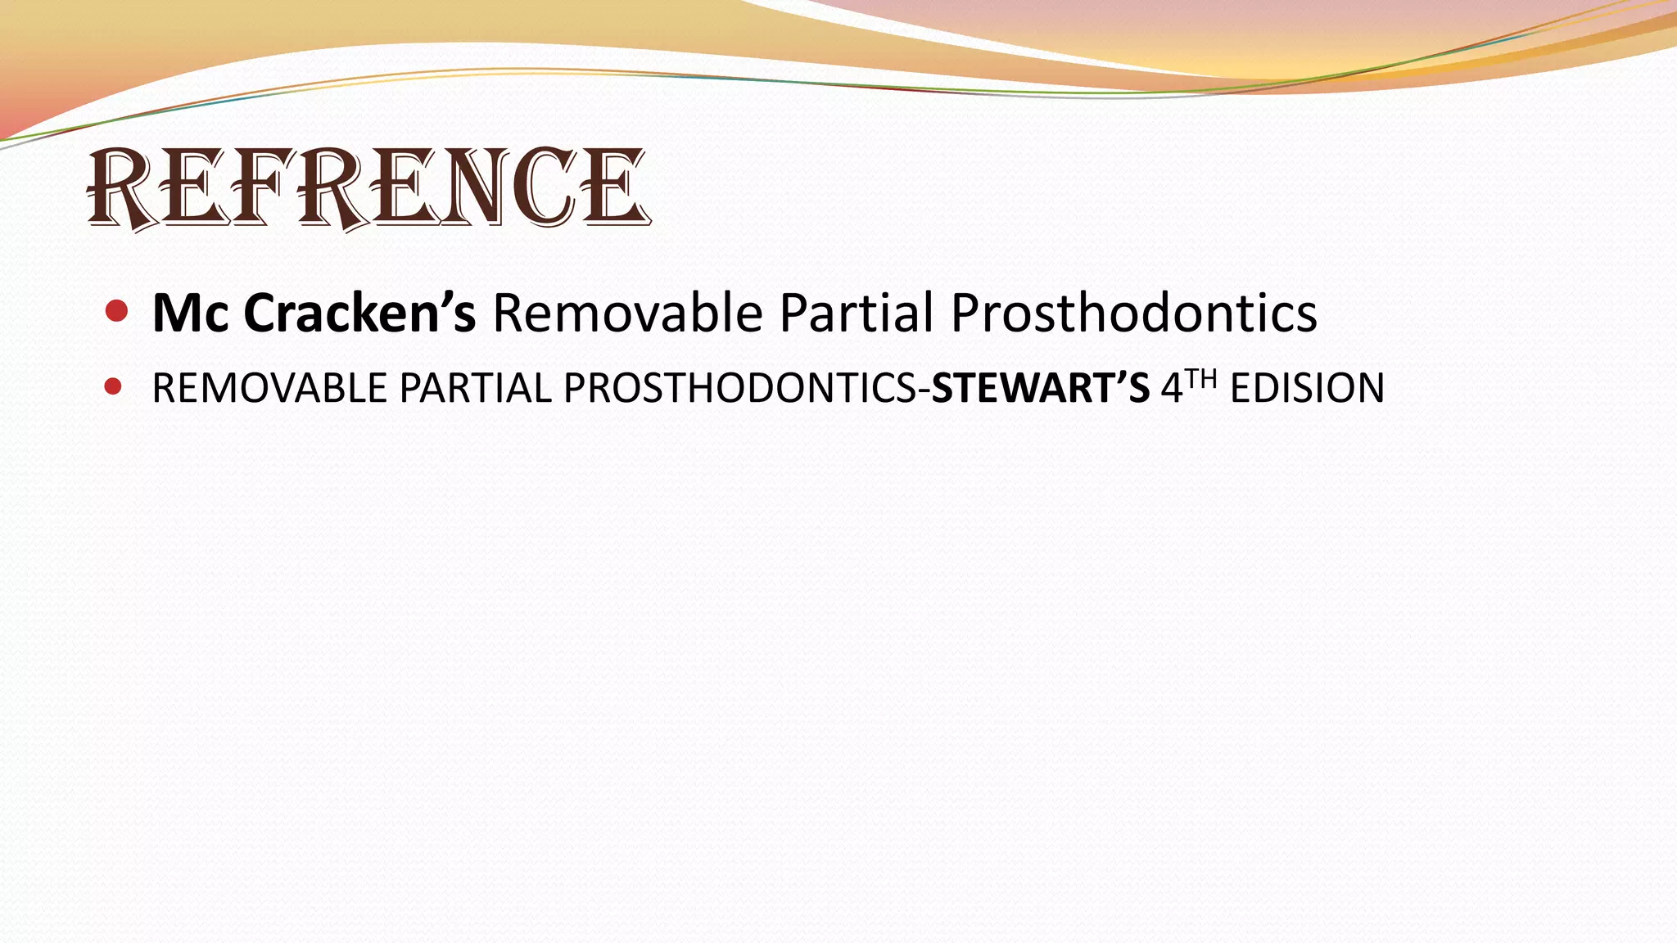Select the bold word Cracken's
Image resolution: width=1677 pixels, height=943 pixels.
pos(359,314)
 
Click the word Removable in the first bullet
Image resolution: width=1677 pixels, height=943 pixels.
pos(627,314)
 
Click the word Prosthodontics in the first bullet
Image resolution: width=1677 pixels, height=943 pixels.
pos(1134,314)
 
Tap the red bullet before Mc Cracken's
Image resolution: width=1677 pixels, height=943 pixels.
pos(117,311)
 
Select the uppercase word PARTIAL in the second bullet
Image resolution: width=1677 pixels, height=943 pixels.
pos(475,388)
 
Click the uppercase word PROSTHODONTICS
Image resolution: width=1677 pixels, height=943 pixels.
pos(741,388)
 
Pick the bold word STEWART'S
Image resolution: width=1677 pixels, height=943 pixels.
pos(1040,388)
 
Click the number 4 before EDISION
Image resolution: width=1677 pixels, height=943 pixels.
pos(1172,389)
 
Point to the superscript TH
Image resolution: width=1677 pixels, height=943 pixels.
pos(1201,379)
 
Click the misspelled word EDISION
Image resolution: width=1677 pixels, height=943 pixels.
pos(1307,388)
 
